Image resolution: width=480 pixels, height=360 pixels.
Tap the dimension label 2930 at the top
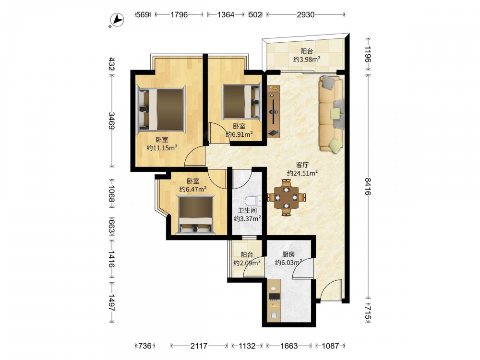(x=305, y=14)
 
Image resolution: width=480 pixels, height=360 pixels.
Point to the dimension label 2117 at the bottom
(x=199, y=346)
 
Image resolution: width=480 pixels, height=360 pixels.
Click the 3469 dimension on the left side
(x=111, y=120)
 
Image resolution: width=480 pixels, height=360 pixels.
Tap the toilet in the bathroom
(x=253, y=201)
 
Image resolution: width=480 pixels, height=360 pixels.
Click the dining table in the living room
(x=286, y=197)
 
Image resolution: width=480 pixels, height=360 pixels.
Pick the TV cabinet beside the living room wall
(x=274, y=111)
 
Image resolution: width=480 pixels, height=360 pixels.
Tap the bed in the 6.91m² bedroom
(x=241, y=101)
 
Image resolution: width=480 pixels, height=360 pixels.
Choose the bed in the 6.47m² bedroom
(x=195, y=216)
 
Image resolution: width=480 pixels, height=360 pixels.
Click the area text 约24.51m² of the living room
(x=302, y=173)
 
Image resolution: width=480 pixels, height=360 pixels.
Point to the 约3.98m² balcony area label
(x=307, y=59)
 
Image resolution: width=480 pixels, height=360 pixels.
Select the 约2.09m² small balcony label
(x=247, y=263)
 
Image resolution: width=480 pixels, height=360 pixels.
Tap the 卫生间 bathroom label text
(x=247, y=211)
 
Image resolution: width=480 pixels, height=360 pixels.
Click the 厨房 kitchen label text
(x=288, y=254)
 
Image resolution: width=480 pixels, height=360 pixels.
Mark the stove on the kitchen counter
(x=274, y=296)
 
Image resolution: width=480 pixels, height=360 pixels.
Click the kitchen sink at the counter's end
(x=274, y=316)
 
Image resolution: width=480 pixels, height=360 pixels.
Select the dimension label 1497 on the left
(x=111, y=302)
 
